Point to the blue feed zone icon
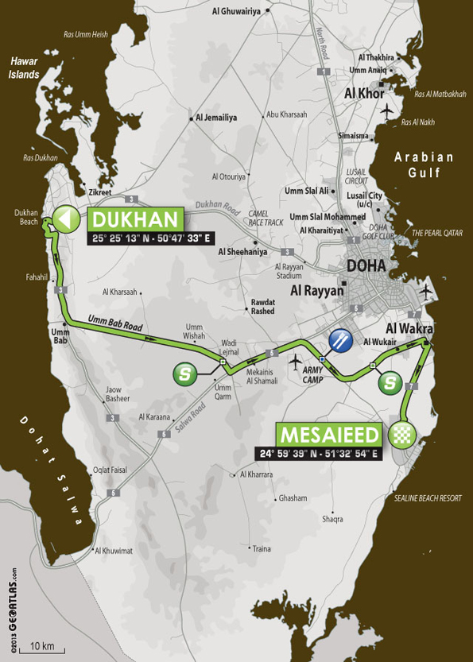[x=340, y=339]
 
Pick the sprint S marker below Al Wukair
[x=389, y=383]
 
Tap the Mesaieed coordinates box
[x=318, y=454]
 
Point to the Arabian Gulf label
[x=426, y=165]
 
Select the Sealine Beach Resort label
[x=428, y=497]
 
